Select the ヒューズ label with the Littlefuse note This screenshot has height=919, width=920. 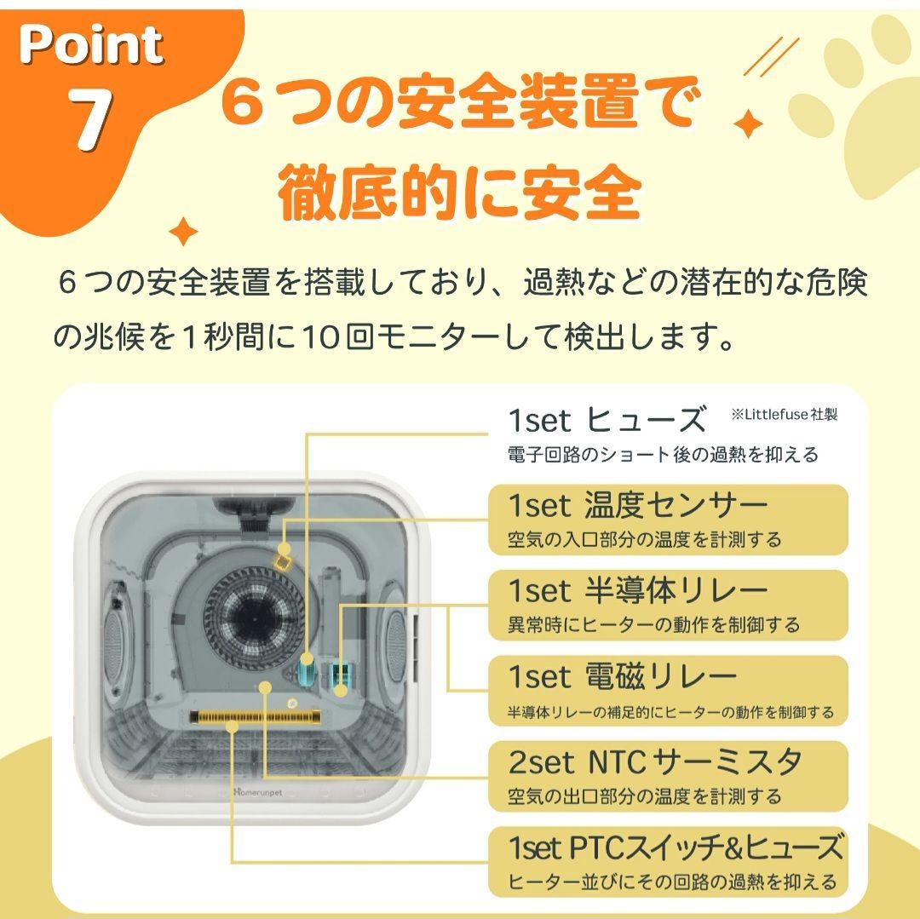tap(607, 421)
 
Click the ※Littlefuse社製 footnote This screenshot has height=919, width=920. tap(784, 414)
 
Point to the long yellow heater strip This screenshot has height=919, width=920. tap(256, 717)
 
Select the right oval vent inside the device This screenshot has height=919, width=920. tap(394, 635)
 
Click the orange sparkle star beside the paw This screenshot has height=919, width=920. tap(748, 124)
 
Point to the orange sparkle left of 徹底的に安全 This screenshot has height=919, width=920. tap(182, 230)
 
